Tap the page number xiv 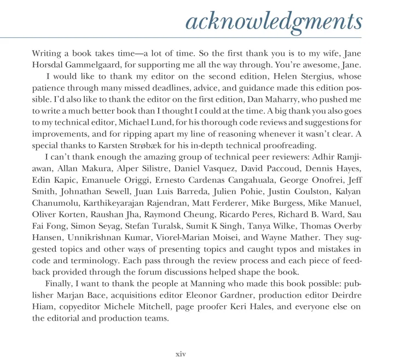(181, 353)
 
